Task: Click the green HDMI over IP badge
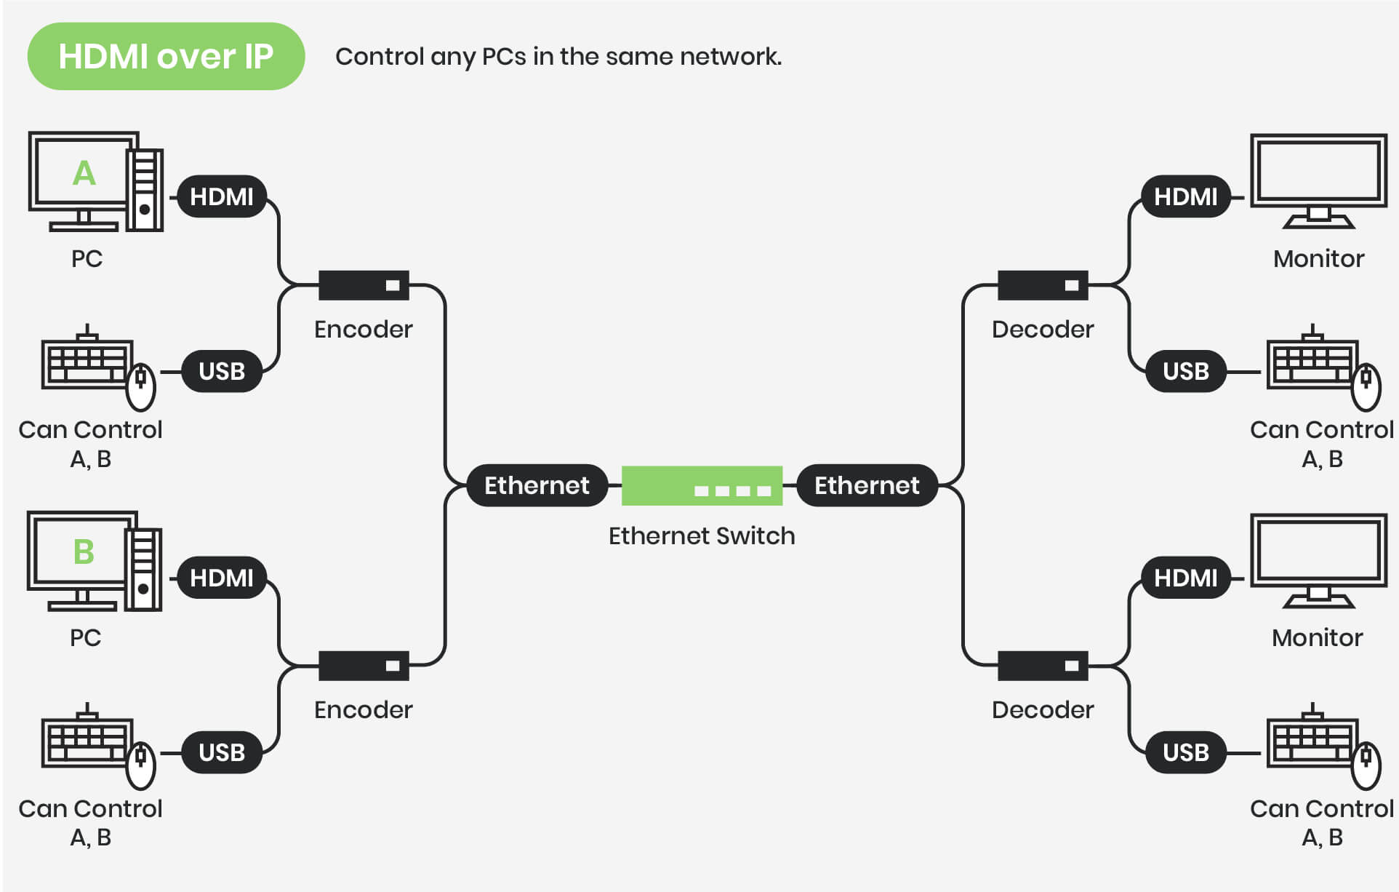(x=166, y=57)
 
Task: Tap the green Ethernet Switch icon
(x=702, y=485)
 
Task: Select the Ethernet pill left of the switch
(x=537, y=485)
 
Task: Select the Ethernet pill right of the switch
(x=867, y=485)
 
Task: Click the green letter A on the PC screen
(x=84, y=173)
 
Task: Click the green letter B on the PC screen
(x=84, y=551)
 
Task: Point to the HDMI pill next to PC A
(x=222, y=196)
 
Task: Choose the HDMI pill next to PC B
(x=222, y=578)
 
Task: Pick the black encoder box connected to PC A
(x=364, y=285)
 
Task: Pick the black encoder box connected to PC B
(x=364, y=666)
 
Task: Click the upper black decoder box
(x=1043, y=285)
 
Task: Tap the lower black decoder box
(x=1043, y=666)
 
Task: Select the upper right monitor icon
(x=1318, y=178)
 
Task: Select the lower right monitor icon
(x=1318, y=559)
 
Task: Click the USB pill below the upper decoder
(x=1185, y=371)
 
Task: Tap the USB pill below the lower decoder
(x=1185, y=752)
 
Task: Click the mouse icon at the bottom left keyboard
(x=141, y=765)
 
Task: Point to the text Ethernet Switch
(x=702, y=536)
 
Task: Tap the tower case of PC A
(x=145, y=190)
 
